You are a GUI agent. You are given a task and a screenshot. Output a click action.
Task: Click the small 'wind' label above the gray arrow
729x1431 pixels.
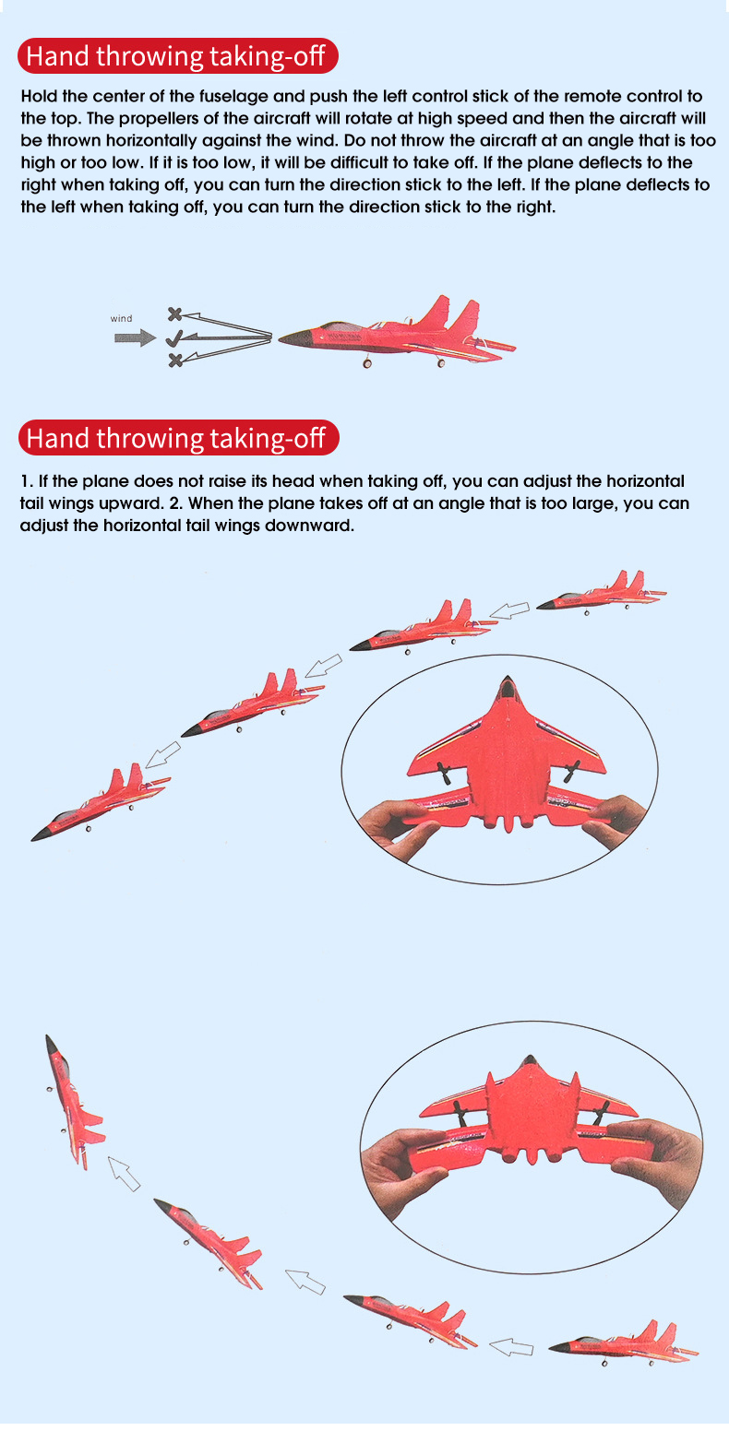[121, 318]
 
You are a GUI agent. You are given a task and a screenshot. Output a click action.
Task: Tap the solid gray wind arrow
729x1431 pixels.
[135, 337]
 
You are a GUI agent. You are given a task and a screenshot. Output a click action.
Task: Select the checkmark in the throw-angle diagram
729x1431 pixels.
[174, 338]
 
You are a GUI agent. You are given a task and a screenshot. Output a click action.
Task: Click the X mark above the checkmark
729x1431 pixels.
[174, 313]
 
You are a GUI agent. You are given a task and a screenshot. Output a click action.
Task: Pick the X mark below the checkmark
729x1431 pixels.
[175, 361]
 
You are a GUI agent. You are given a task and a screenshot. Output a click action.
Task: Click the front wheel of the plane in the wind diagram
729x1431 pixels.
[367, 363]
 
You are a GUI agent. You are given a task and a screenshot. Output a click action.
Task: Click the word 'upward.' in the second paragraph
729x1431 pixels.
[132, 504]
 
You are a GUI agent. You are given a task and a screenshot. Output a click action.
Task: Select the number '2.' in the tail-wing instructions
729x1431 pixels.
[176, 503]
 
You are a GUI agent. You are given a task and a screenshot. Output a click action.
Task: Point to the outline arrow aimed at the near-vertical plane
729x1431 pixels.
[124, 1174]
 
